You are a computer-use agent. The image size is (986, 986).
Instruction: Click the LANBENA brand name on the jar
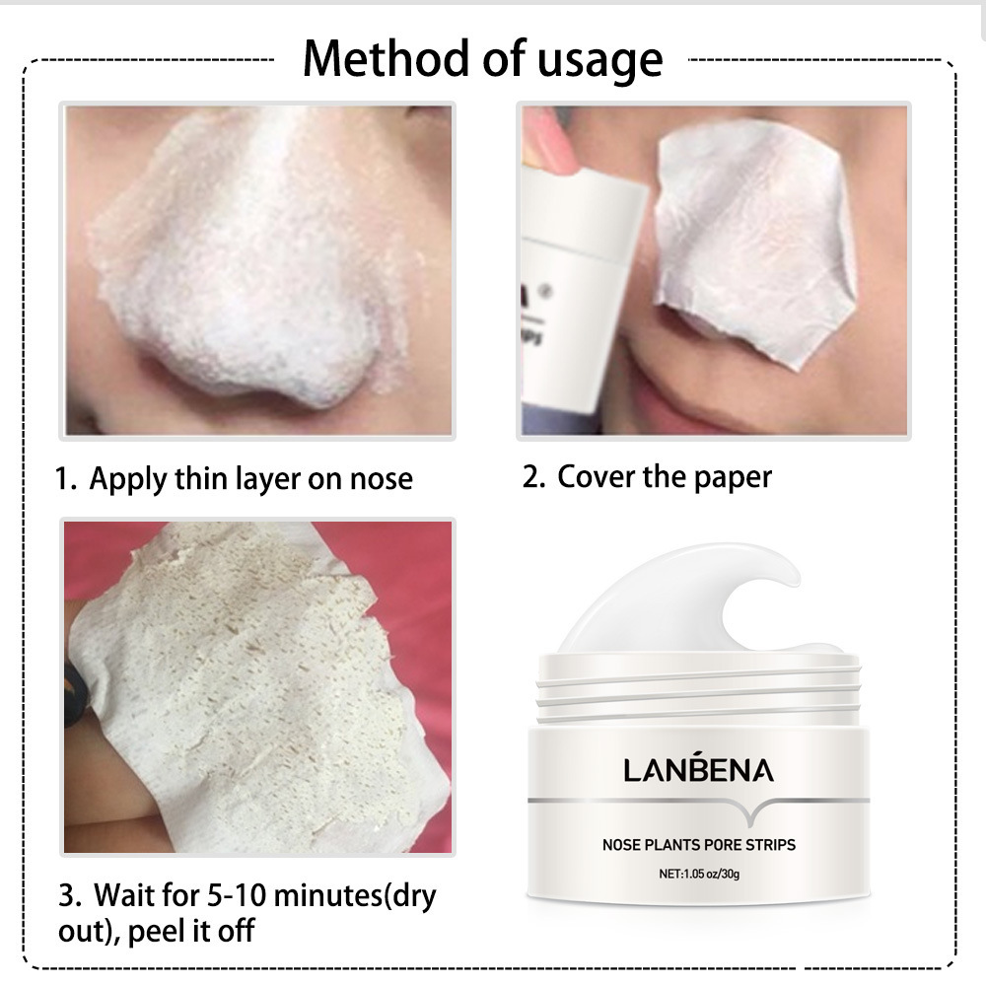click(x=699, y=770)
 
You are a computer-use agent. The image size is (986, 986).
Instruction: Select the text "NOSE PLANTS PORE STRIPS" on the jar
click(x=699, y=844)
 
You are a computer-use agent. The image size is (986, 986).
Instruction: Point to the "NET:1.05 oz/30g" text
click(x=699, y=874)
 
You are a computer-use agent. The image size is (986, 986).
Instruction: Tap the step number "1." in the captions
click(x=65, y=480)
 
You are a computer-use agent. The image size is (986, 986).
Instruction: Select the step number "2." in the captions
click(x=533, y=477)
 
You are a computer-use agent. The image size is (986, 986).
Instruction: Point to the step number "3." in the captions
click(x=70, y=896)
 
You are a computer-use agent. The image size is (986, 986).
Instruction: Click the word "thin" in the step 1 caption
click(x=202, y=480)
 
